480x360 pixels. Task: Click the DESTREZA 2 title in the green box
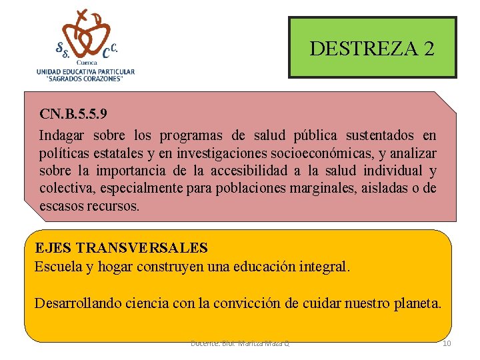pyautogui.click(x=372, y=49)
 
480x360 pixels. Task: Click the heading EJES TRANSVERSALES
pyautogui.click(x=121, y=248)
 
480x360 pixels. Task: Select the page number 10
pyautogui.click(x=447, y=343)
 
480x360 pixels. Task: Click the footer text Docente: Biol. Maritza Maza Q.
pyautogui.click(x=240, y=343)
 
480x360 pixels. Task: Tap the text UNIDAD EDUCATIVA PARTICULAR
pyautogui.click(x=85, y=71)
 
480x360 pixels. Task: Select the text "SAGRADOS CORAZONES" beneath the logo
pyautogui.click(x=85, y=79)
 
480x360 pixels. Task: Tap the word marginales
pyautogui.click(x=323, y=189)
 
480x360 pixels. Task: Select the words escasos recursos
pyautogui.click(x=89, y=206)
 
